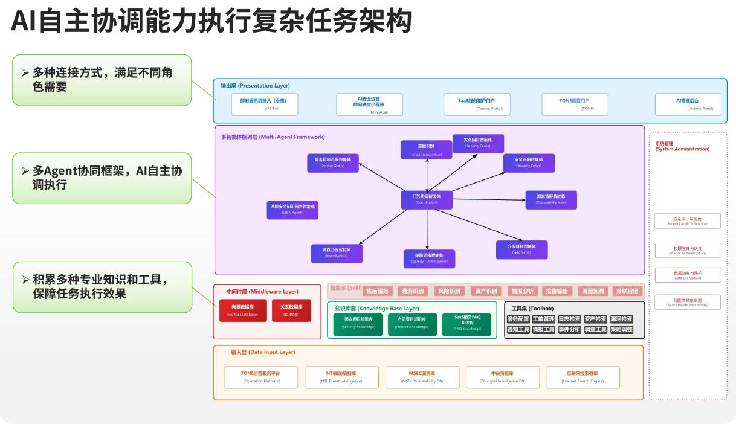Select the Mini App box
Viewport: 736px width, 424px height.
point(370,104)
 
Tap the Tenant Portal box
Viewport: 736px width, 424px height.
point(480,104)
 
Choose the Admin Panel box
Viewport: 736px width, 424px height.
point(688,104)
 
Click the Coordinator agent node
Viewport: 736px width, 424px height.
point(427,200)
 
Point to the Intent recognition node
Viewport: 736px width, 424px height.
point(427,149)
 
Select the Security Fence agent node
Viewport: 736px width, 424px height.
point(477,143)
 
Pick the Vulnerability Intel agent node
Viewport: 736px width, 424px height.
point(550,200)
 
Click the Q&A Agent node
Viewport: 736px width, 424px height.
point(292,210)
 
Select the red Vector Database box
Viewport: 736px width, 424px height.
point(242,310)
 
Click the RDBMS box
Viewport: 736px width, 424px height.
point(291,310)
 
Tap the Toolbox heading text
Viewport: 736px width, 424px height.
point(532,309)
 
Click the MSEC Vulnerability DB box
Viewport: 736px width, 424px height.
point(422,377)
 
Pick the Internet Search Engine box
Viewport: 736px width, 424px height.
point(582,377)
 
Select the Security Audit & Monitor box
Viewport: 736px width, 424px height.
point(688,221)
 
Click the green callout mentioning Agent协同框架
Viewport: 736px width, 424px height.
point(102,178)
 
